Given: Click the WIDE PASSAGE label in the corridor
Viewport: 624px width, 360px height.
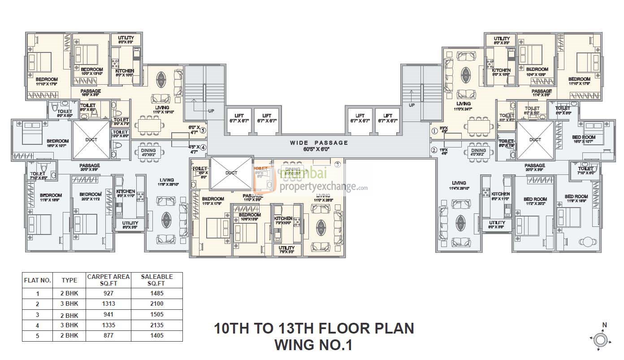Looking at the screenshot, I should pyautogui.click(x=319, y=143).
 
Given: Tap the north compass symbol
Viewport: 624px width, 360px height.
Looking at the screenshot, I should pyautogui.click(x=601, y=339).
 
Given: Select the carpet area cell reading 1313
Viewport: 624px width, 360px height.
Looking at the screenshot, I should pyautogui.click(x=108, y=304).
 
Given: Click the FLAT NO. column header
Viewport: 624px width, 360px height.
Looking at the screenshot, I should pyautogui.click(x=37, y=280).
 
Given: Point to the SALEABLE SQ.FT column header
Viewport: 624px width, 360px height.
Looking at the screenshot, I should pyautogui.click(x=156, y=280).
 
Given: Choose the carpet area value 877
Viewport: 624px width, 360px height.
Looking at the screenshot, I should pyautogui.click(x=108, y=335).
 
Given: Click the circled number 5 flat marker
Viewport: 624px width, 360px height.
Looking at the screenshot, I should pyautogui.click(x=203, y=131).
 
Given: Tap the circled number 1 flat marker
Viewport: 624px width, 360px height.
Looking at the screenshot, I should pyautogui.click(x=434, y=131).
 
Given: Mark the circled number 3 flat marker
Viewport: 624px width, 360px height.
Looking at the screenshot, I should pyautogui.click(x=338, y=165).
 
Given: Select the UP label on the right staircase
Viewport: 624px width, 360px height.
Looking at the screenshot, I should pyautogui.click(x=412, y=104).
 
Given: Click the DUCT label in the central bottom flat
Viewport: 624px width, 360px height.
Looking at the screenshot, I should pyautogui.click(x=231, y=173).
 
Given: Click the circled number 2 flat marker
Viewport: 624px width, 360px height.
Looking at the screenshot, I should pyautogui.click(x=434, y=150).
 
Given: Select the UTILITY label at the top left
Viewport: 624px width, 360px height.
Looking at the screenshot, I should pyautogui.click(x=126, y=38).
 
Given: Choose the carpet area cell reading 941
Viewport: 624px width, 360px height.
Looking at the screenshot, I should pyautogui.click(x=108, y=315).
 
